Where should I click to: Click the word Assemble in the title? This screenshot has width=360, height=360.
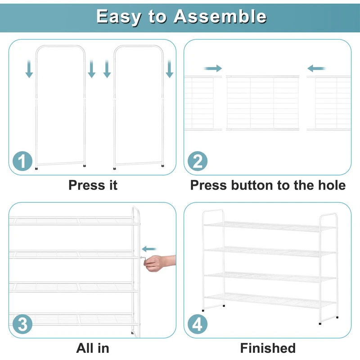point(220,17)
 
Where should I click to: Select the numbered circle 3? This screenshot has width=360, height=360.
point(22,324)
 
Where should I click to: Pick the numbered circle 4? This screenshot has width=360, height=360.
point(198,324)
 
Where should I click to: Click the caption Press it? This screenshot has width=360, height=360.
point(93,185)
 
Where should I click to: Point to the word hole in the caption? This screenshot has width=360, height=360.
point(331,185)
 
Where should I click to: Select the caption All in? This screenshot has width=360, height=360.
point(92,347)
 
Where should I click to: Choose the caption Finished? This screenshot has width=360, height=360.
point(268,347)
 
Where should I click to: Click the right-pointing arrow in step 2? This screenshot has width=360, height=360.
point(213,68)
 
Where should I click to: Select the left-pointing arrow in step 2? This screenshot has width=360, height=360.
point(317,68)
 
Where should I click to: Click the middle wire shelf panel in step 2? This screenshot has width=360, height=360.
point(263,103)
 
